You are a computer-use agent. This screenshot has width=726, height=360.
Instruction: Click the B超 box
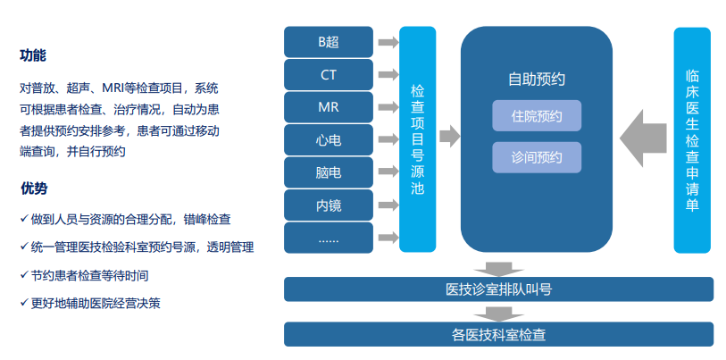[329, 42]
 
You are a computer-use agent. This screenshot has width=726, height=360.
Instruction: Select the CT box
[329, 75]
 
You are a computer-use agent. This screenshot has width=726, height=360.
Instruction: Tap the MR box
[329, 107]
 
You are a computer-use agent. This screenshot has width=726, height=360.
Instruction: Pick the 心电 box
[329, 139]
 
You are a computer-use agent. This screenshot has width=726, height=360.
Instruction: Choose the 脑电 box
[329, 172]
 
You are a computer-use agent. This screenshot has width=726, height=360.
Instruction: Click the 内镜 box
[329, 205]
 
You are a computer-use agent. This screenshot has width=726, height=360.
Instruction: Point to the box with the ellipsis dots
[329, 238]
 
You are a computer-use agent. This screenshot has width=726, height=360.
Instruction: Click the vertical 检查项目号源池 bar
[418, 139]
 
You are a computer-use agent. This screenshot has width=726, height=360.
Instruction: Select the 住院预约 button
[537, 115]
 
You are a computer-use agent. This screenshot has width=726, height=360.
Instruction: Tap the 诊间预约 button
[537, 157]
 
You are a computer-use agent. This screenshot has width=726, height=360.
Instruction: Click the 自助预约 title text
[537, 80]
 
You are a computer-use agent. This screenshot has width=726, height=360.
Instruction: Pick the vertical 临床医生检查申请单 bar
[692, 140]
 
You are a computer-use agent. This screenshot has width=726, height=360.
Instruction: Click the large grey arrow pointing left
[643, 138]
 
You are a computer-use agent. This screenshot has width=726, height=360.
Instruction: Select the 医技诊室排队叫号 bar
[498, 289]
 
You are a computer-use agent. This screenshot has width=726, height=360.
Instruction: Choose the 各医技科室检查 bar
[498, 334]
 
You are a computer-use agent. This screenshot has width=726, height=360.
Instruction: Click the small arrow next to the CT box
[388, 75]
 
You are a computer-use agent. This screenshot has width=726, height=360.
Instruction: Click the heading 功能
[33, 55]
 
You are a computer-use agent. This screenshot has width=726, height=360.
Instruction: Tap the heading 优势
[33, 188]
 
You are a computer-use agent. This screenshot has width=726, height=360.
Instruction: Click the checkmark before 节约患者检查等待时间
[24, 275]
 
